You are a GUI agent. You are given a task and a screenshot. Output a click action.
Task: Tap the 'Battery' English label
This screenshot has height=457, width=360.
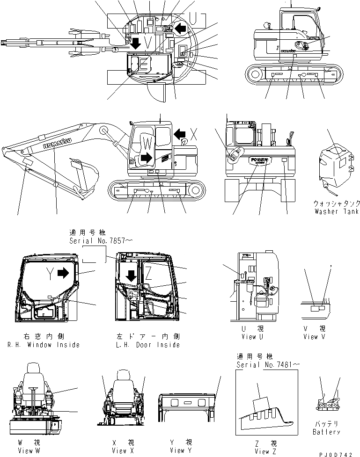tap(326, 432)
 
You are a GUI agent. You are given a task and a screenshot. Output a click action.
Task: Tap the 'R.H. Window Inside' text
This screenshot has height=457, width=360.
tap(44, 345)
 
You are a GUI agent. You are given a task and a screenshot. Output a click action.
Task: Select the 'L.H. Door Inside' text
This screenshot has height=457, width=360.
tap(147, 345)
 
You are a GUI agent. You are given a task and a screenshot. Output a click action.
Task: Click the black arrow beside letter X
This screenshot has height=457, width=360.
tap(180, 135)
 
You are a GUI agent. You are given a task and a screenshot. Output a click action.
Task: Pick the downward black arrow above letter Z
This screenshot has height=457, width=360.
tap(131, 276)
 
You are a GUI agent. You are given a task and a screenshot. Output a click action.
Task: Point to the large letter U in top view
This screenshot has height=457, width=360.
tap(199, 19)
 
